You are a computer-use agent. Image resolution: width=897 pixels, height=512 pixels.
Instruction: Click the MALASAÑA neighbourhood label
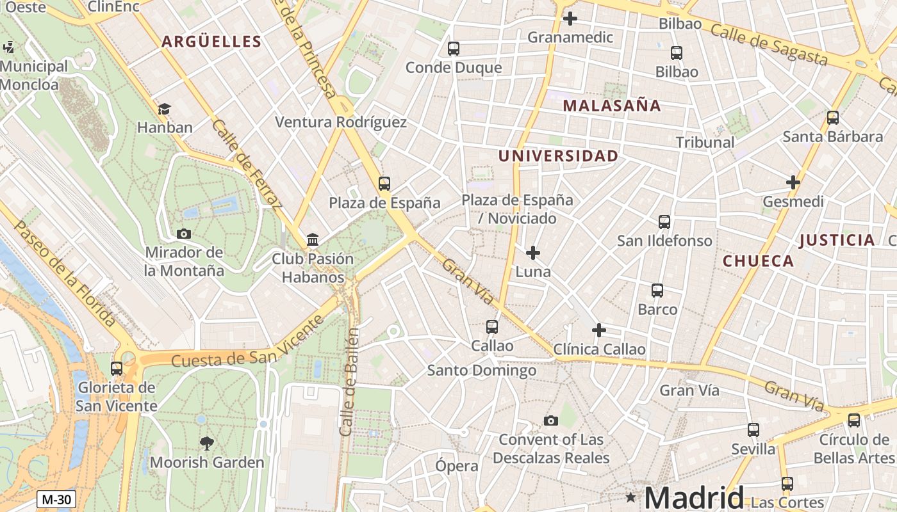click(611, 106)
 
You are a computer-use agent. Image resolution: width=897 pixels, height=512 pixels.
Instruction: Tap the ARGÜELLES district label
click(211, 42)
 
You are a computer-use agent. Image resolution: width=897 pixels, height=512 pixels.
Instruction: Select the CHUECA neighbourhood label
click(758, 261)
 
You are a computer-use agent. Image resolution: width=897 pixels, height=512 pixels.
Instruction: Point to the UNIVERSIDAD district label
click(558, 156)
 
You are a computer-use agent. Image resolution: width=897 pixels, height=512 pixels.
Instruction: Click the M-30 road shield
click(56, 499)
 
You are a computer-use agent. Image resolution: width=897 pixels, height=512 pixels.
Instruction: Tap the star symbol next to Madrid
click(631, 497)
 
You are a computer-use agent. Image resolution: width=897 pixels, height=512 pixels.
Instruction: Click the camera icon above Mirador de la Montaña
click(184, 234)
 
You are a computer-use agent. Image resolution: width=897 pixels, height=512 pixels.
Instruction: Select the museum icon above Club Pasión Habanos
click(313, 240)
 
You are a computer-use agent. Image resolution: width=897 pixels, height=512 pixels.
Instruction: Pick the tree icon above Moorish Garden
click(206, 443)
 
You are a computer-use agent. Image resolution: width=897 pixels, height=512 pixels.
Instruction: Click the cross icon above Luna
click(532, 253)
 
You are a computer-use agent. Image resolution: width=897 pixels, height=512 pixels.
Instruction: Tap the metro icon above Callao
click(491, 326)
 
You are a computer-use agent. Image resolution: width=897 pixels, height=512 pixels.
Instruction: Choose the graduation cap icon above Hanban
click(165, 109)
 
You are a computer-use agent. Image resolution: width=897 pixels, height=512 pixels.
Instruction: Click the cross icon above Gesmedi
click(793, 182)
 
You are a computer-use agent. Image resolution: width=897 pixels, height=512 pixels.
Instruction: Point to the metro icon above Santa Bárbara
click(832, 117)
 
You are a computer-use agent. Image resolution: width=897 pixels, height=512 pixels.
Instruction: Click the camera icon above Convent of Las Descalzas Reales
click(550, 420)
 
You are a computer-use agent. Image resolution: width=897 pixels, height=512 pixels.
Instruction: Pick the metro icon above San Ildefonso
click(664, 221)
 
